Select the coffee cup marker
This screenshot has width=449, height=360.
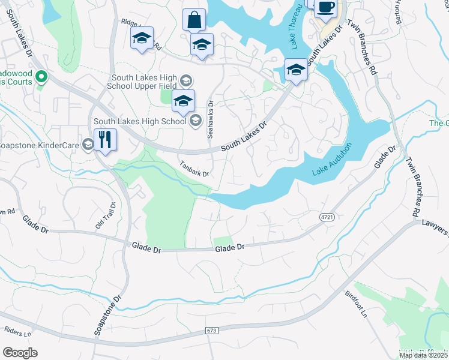[325, 8]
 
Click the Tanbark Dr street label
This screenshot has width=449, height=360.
[193, 169]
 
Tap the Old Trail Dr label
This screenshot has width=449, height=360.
[105, 214]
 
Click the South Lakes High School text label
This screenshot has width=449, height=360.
[139, 122]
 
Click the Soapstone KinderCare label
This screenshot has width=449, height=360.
[38, 145]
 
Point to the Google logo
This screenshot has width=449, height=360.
[20, 352]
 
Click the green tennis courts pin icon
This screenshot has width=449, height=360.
[41, 76]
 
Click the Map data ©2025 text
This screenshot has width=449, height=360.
[423, 355]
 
